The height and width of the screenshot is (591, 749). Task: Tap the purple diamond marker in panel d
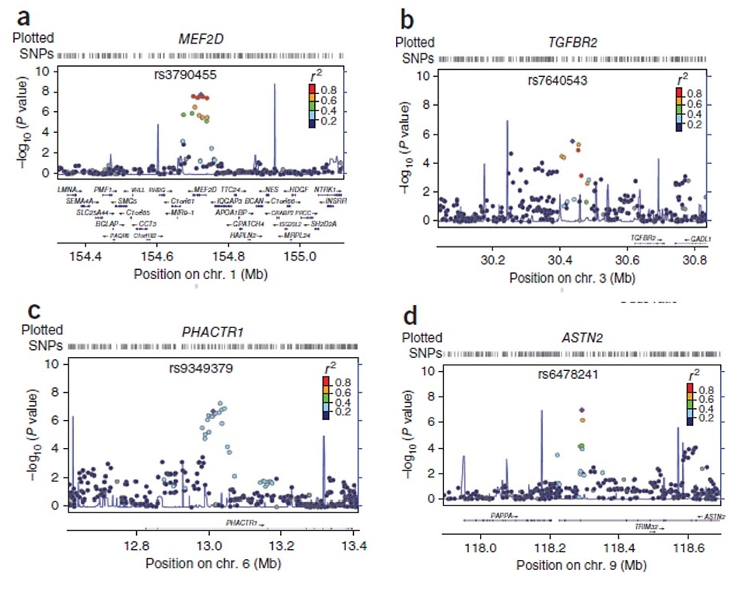[581, 410]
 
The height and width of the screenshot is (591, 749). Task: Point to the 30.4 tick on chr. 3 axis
[560, 262]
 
